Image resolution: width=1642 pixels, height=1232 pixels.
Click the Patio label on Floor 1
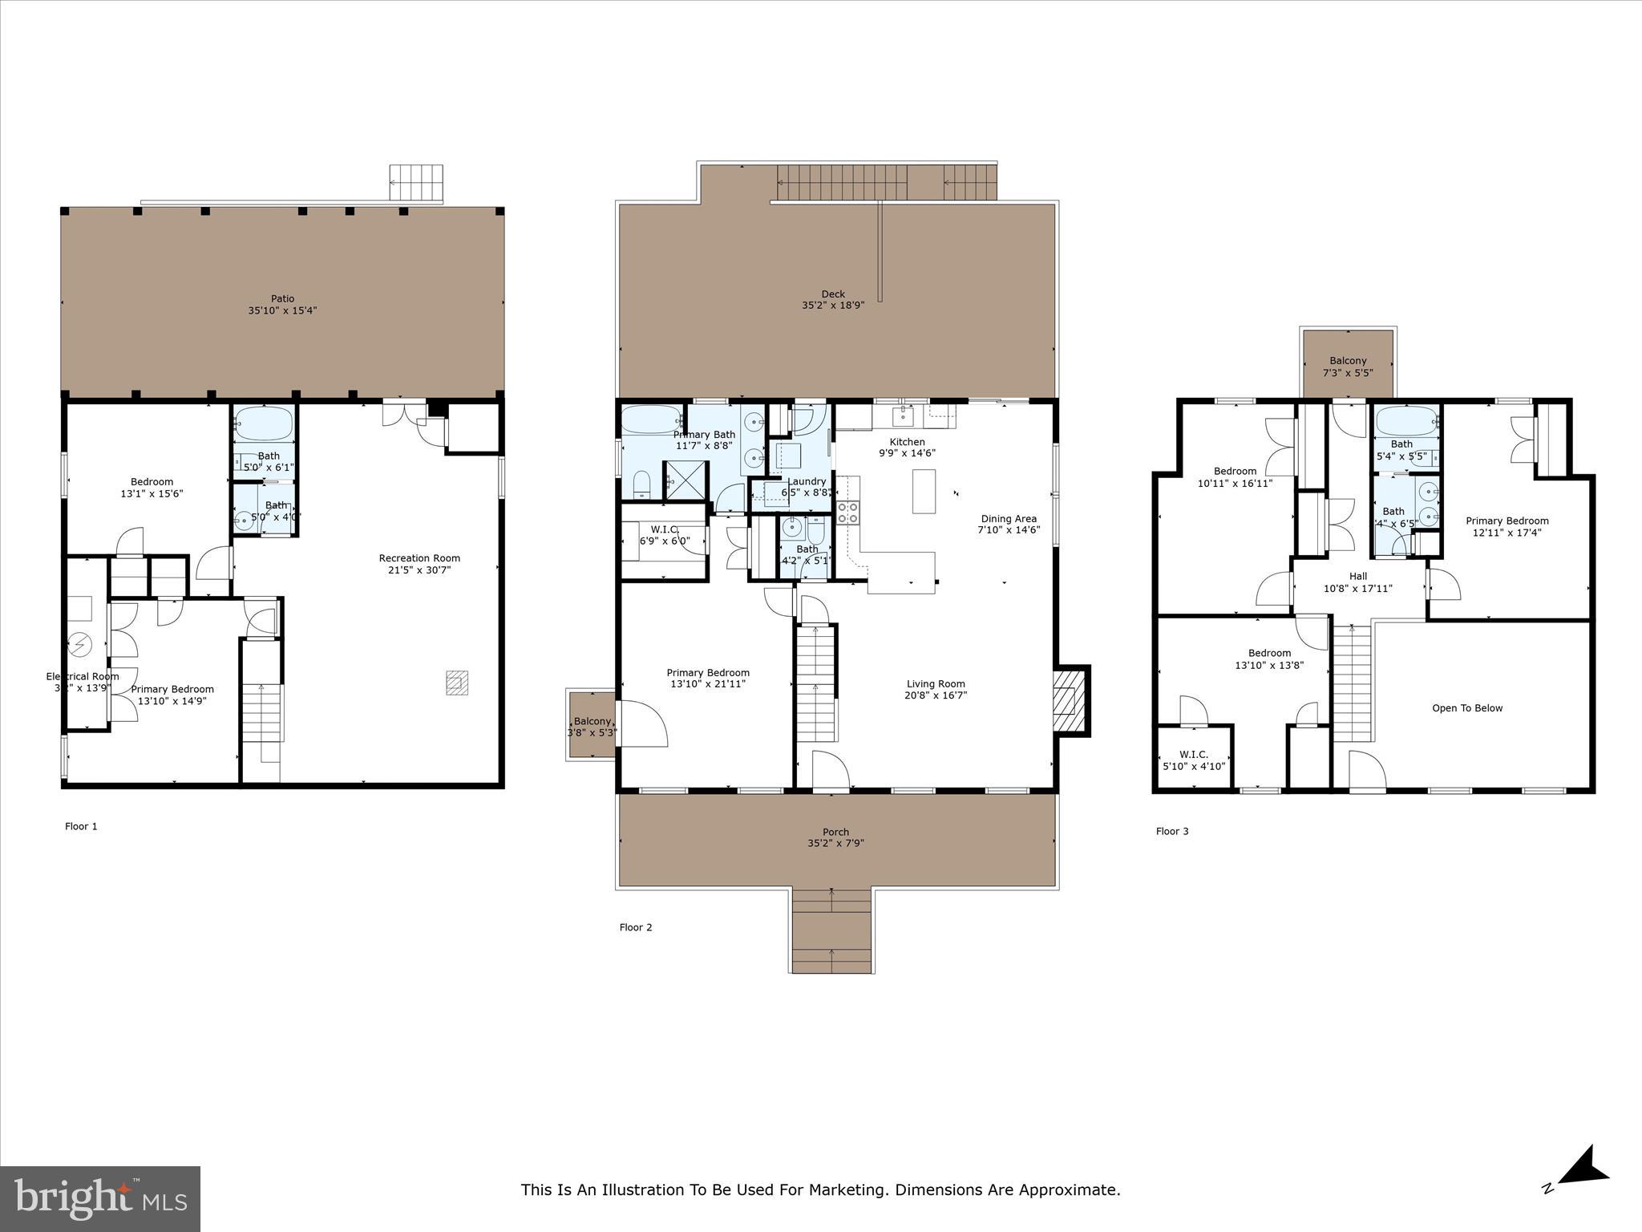[x=282, y=299]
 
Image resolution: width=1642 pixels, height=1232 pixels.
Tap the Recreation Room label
[x=419, y=558]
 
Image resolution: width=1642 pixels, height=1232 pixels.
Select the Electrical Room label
[x=82, y=676]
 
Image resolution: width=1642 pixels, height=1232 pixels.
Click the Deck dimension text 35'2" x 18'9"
[x=833, y=306]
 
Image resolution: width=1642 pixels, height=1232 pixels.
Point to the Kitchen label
[x=907, y=442]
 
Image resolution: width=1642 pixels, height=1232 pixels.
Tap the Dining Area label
[x=1008, y=519]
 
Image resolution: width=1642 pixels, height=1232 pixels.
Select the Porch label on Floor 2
[x=835, y=832]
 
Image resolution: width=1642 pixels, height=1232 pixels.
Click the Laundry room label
[x=806, y=481]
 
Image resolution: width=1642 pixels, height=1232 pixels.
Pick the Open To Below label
[x=1466, y=708]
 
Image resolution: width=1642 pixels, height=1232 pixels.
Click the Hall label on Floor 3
[x=1357, y=576]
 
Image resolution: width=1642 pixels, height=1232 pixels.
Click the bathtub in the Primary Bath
[x=652, y=419]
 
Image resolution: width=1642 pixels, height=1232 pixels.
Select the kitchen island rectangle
[x=924, y=491]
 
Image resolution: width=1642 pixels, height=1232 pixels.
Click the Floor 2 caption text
[x=636, y=927]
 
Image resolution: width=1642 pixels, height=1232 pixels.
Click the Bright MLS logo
[x=100, y=1198]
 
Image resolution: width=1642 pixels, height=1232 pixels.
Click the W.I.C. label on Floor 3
[x=1193, y=754]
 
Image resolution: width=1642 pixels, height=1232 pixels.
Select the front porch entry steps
[x=831, y=930]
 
